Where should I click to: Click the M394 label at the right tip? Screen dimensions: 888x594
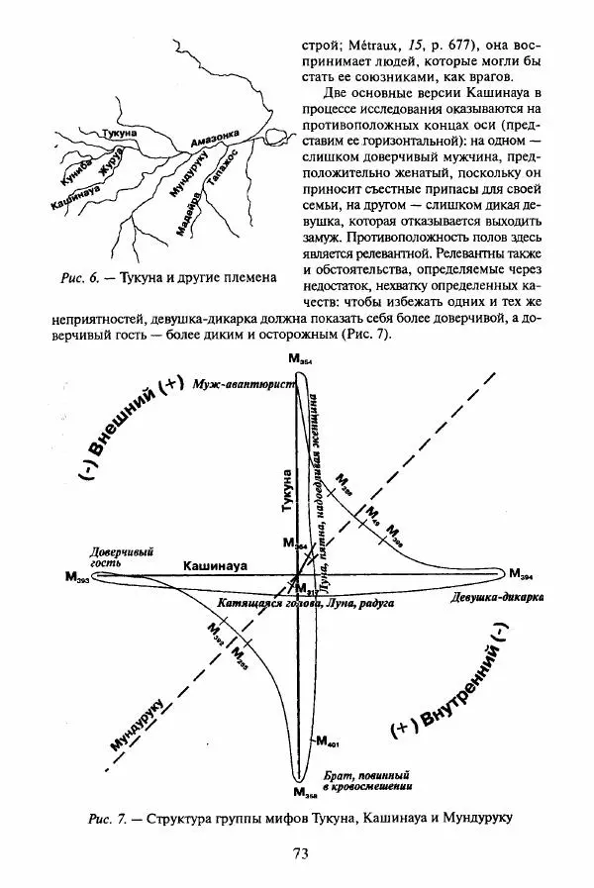pyautogui.click(x=522, y=574)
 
